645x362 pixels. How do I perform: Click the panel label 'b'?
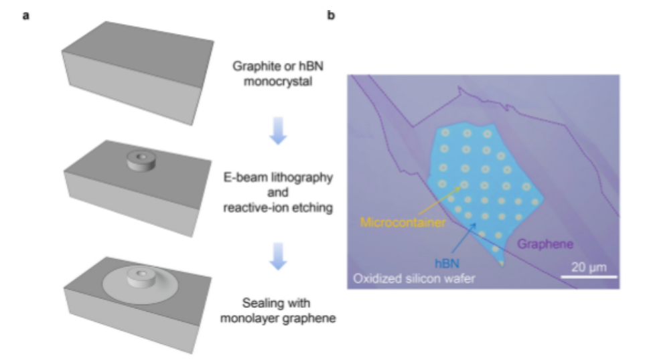[330, 14]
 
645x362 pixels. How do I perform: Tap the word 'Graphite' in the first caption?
[255, 66]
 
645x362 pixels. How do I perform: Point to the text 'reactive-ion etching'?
[277, 208]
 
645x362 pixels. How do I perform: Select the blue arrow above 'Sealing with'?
[277, 257]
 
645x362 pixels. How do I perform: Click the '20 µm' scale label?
[589, 267]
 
